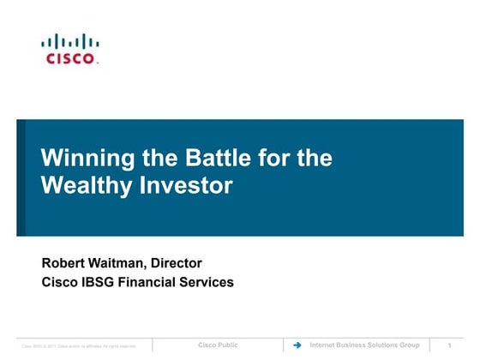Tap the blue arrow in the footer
click(x=297, y=345)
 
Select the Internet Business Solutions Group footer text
click(x=364, y=345)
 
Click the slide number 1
click(x=450, y=345)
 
